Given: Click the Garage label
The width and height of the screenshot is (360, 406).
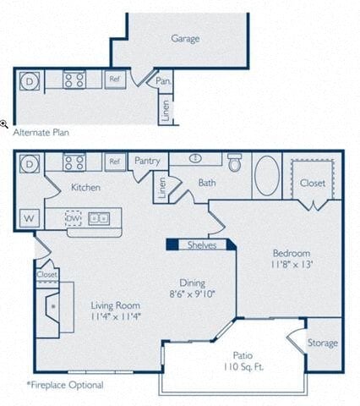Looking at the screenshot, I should click(x=185, y=38).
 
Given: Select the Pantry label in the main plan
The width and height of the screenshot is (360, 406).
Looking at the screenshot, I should click(x=148, y=161).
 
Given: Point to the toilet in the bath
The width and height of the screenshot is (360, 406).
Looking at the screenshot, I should click(x=235, y=162).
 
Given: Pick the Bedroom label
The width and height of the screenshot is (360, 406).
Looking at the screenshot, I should click(x=290, y=253).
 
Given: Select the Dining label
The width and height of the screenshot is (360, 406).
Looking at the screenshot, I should click(x=193, y=283).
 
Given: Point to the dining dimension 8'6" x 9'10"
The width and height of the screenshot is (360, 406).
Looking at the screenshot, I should click(x=193, y=295).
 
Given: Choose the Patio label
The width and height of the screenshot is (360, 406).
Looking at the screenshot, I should click(x=243, y=356).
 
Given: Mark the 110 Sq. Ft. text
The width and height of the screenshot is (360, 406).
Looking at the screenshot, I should click(x=243, y=369).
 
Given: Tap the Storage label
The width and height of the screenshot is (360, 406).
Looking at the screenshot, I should click(x=322, y=343).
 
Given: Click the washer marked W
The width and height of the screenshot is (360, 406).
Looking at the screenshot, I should click(x=29, y=218).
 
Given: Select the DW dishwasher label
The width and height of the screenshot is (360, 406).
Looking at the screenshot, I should click(x=74, y=218).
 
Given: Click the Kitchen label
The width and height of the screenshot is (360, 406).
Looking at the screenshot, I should click(x=86, y=187).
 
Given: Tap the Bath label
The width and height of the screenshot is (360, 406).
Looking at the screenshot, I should click(x=207, y=182).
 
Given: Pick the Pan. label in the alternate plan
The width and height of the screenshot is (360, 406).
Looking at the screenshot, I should click(x=165, y=81).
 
